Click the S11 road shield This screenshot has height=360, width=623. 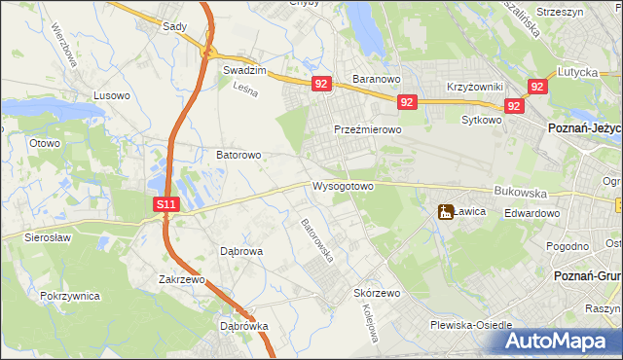(x=166, y=204)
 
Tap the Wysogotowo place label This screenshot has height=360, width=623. (x=343, y=186)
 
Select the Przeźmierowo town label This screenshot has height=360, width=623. (x=368, y=129)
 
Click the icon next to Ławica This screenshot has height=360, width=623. (x=446, y=211)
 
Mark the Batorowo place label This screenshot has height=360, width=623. (x=238, y=155)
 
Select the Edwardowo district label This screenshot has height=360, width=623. (x=531, y=214)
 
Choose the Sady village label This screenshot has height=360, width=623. (x=174, y=26)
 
